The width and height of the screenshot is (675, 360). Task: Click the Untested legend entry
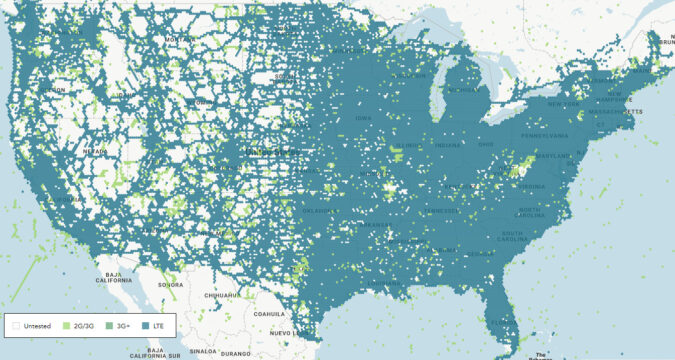pos(34,325)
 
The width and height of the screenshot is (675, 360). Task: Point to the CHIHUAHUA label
pos(222,296)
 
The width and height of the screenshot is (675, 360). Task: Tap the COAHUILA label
pos(270,314)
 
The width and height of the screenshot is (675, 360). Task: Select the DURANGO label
pos(236,353)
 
